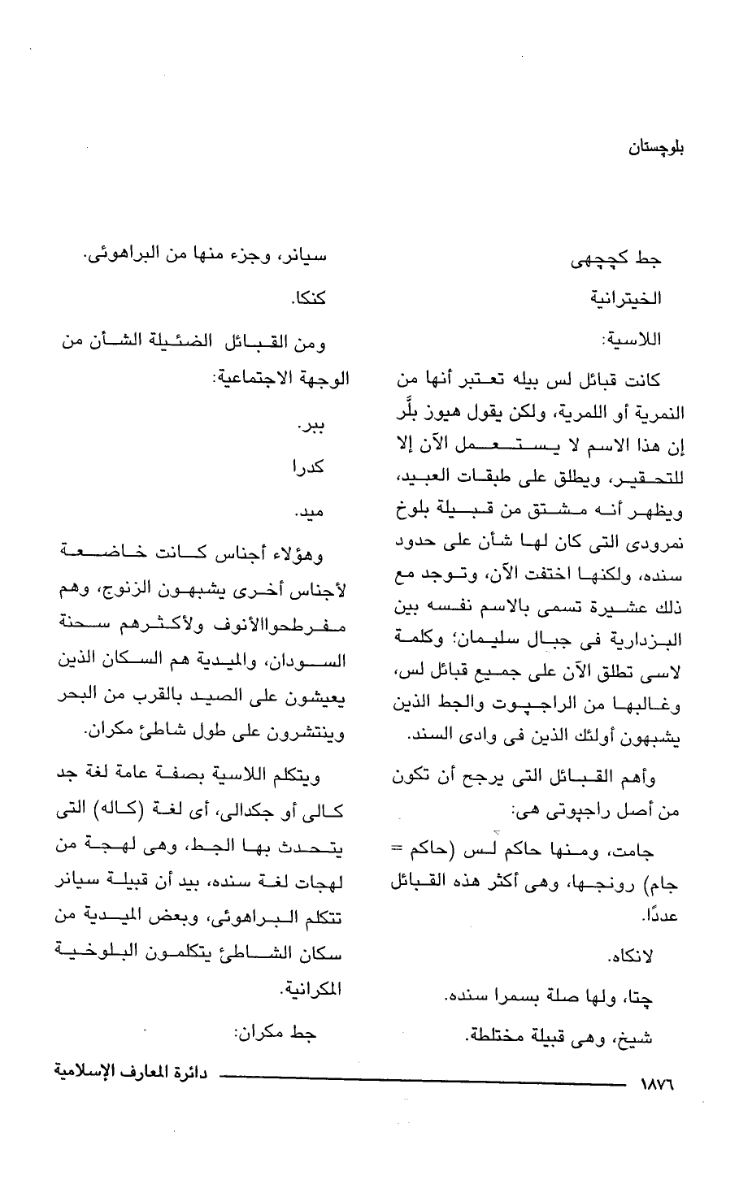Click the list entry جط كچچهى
[622, 260]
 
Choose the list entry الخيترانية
[626, 299]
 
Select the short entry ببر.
[312, 424]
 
